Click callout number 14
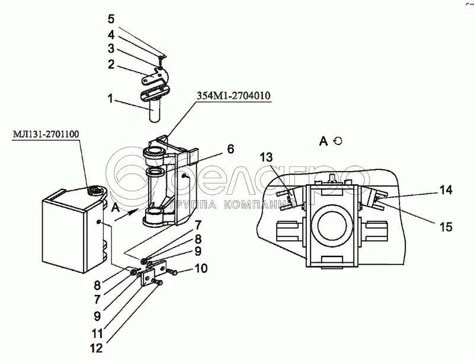pos(446,190)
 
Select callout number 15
pos(446,226)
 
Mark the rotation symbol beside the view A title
pos(338,140)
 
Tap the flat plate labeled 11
pos(148,276)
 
